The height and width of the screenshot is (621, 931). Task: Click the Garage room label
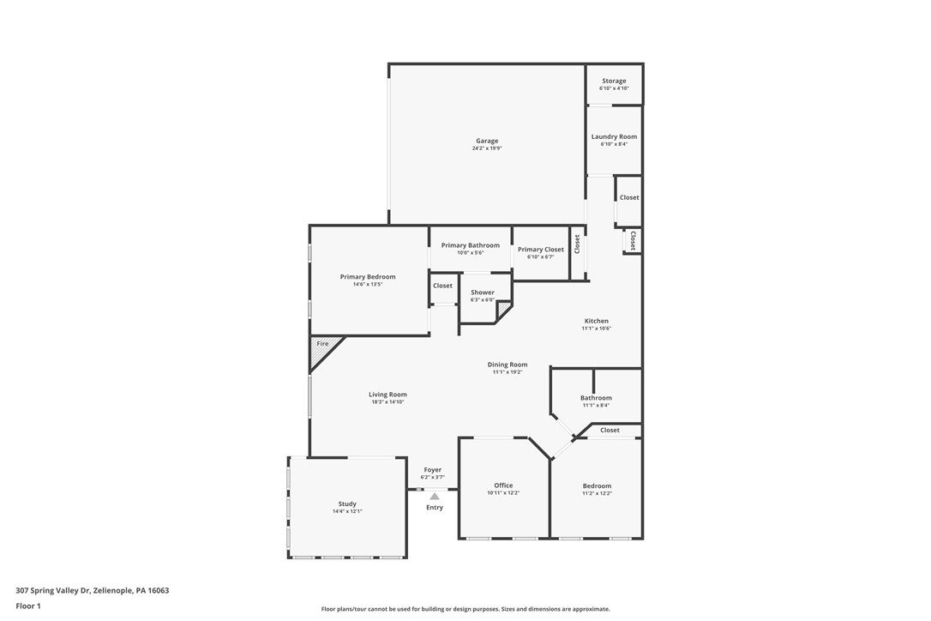[487, 141]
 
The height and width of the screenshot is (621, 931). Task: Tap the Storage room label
[614, 81]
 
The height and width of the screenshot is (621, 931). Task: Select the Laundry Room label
[614, 136]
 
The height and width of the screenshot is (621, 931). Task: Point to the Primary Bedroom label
[368, 277]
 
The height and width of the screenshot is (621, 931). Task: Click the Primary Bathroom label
[470, 245]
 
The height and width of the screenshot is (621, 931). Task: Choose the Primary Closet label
[541, 250]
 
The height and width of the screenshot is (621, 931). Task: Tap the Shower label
[483, 292]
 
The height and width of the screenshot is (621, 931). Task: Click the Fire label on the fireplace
[322, 344]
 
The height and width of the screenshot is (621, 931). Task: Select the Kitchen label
[596, 321]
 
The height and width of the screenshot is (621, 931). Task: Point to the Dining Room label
[508, 365]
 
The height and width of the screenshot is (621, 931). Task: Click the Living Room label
[387, 395]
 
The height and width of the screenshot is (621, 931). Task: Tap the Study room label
[347, 503]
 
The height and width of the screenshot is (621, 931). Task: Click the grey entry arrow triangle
[435, 496]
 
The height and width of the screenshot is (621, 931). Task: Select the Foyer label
[433, 470]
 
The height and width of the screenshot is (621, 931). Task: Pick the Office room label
[503, 485]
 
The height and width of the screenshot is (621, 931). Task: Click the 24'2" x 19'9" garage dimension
[487, 148]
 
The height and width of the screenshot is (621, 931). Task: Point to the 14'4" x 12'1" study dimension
[347, 511]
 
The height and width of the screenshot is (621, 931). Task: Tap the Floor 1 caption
[28, 606]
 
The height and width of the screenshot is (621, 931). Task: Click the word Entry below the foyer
[435, 508]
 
